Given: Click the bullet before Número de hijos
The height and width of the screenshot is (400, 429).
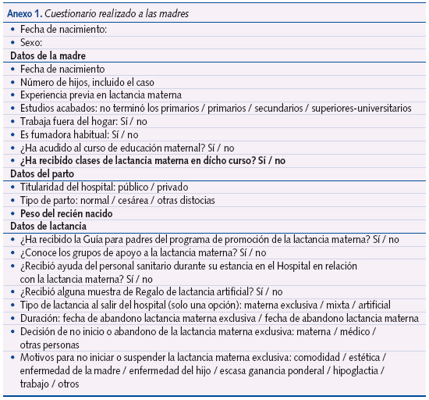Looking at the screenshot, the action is tap(12, 82).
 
